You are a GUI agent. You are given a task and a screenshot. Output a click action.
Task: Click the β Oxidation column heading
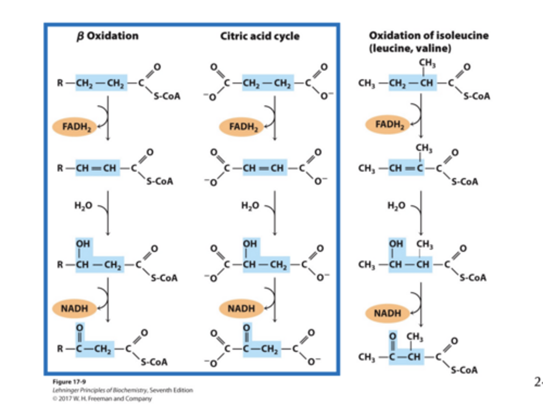point(107,36)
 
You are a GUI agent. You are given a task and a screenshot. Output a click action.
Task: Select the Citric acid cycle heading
point(260,36)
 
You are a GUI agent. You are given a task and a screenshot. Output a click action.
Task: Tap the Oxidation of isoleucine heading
point(428,36)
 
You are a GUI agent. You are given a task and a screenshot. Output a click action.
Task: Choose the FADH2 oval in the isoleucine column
point(388,124)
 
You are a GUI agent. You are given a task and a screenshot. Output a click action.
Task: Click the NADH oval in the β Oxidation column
point(75,308)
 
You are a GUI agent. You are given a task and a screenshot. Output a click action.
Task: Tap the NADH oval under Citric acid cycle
point(241,308)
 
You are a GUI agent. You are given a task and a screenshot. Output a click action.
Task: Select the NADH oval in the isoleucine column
point(387,313)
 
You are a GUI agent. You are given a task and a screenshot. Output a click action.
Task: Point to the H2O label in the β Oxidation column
point(83,206)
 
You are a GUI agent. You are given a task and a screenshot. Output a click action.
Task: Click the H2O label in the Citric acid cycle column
point(250,206)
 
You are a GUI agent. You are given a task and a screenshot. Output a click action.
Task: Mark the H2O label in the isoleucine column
point(396,206)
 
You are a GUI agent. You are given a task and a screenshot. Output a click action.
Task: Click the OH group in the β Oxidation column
point(83,244)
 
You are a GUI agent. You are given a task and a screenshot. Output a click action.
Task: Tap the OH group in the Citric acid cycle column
point(250,244)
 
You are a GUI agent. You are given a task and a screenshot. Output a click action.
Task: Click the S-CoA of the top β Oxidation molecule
point(167,97)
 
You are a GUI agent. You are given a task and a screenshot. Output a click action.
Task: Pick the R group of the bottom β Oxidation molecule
point(60,349)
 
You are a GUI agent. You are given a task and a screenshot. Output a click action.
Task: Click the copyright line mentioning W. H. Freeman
point(102,399)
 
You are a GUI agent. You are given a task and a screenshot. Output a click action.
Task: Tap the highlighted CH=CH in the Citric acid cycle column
point(263,168)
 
